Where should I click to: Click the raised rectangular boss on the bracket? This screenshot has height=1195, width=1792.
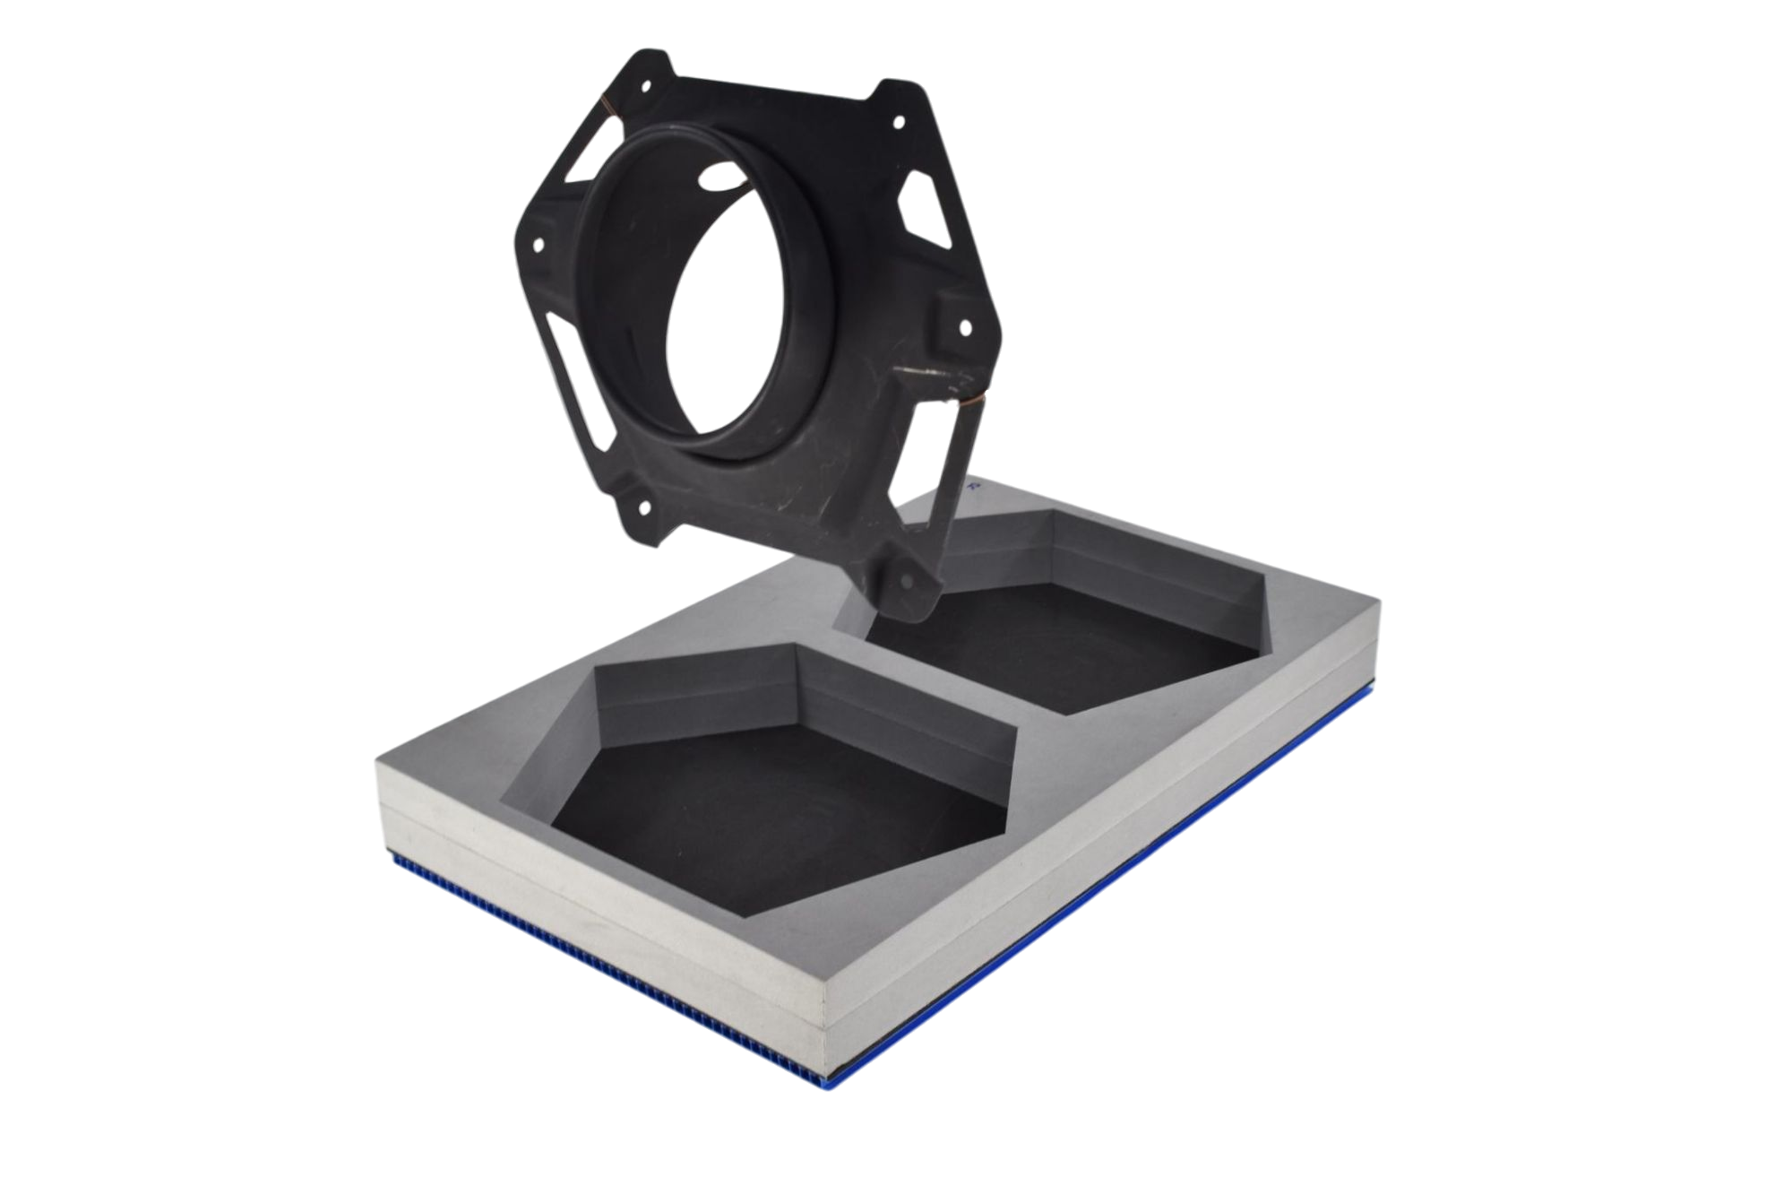(x=948, y=309)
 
